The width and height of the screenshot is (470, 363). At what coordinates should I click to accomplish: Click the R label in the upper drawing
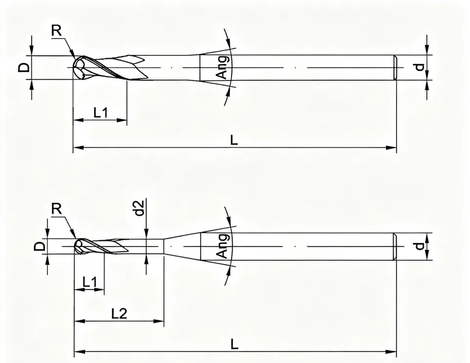pyautogui.click(x=56, y=30)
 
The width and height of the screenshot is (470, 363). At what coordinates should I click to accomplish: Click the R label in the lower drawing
pyautogui.click(x=56, y=209)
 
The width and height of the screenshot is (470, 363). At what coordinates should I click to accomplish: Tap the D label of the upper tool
pyautogui.click(x=24, y=68)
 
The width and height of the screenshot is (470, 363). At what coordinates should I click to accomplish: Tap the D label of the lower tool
pyautogui.click(x=39, y=246)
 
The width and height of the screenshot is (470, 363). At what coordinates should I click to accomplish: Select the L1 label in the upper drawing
pyautogui.click(x=100, y=113)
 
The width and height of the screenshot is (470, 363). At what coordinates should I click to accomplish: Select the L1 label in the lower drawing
pyautogui.click(x=90, y=282)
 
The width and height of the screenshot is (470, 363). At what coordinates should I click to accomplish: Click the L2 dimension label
pyautogui.click(x=119, y=314)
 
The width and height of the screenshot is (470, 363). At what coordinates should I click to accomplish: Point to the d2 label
pyautogui.click(x=140, y=208)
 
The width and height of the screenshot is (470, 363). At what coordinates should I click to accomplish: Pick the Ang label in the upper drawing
pyautogui.click(x=223, y=67)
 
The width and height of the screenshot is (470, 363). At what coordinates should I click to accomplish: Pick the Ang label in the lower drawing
pyautogui.click(x=223, y=246)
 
